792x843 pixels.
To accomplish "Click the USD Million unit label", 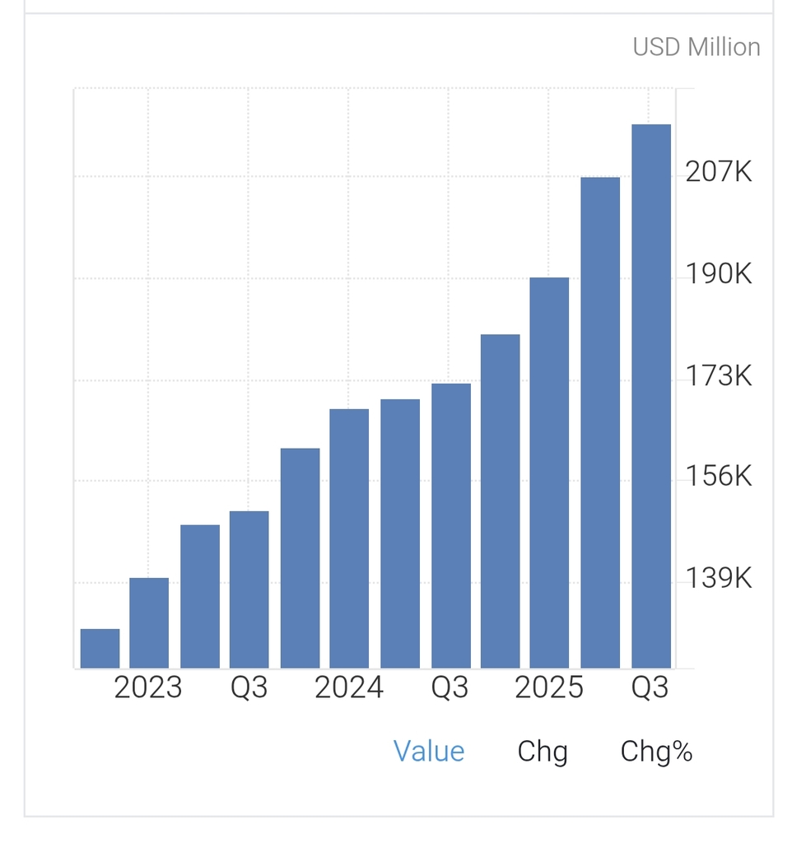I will (x=696, y=47).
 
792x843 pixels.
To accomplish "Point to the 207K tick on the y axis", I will (x=718, y=172).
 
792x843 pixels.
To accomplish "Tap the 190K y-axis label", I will (x=718, y=274).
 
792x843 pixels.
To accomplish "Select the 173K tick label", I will (x=718, y=376).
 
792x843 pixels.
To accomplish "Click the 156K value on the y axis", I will (x=718, y=477).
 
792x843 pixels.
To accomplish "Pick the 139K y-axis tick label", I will (x=718, y=579).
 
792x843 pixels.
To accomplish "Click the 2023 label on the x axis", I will (x=148, y=687).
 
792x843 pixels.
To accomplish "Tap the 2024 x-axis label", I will (x=348, y=687).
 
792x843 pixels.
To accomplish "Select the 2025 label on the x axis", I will (x=549, y=687).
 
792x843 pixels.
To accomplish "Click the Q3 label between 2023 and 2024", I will (x=249, y=687).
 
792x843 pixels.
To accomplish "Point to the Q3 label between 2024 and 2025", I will (x=450, y=687).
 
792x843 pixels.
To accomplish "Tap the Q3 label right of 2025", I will (x=650, y=687).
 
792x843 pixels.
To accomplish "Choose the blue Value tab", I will (x=429, y=751).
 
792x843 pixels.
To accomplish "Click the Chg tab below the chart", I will (x=543, y=751).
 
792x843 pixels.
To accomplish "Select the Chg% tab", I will (x=656, y=751).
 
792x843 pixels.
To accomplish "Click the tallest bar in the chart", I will (x=650, y=395).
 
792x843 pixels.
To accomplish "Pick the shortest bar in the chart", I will (x=100, y=649).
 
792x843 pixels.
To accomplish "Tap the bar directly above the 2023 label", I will (x=149, y=623).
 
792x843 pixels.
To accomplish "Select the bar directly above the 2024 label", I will (x=349, y=538).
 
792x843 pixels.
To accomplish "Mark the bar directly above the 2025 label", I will (x=549, y=473).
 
